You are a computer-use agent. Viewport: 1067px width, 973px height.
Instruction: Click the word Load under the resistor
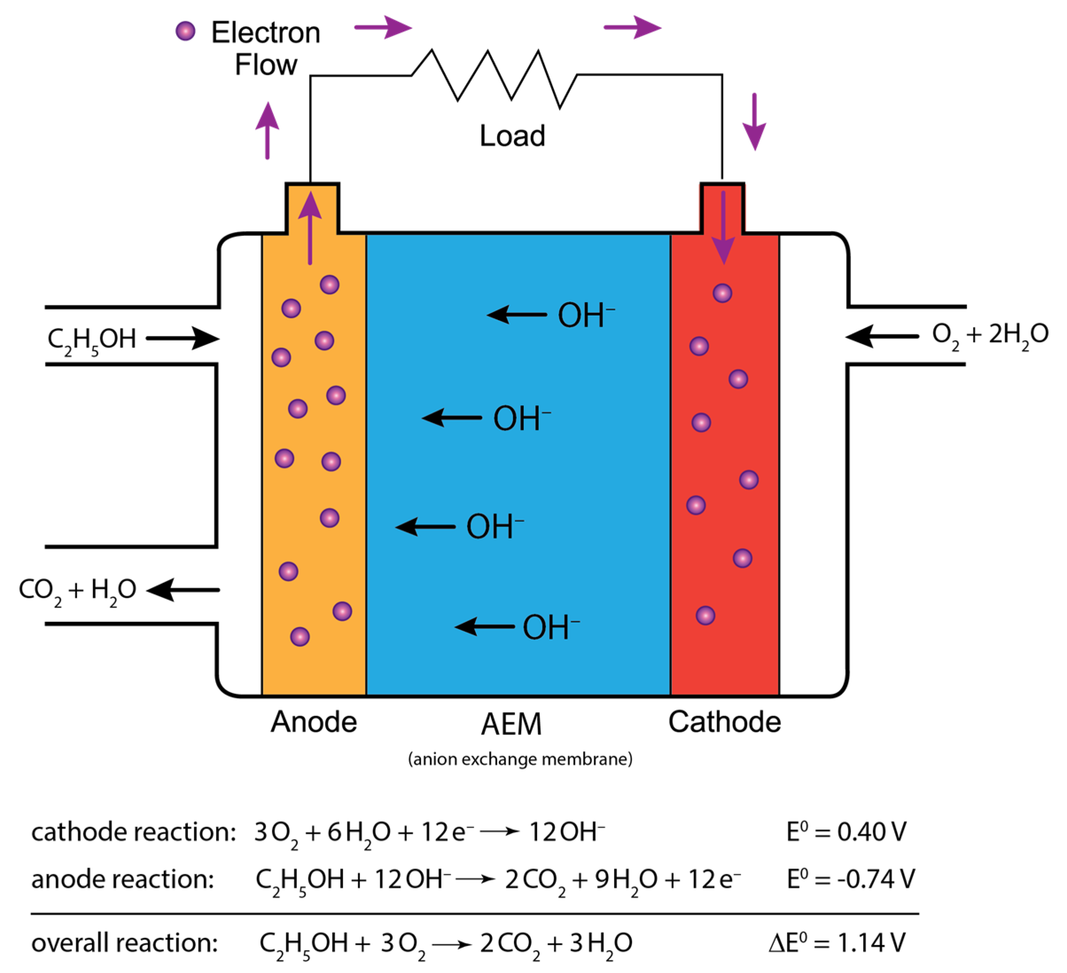coord(512,136)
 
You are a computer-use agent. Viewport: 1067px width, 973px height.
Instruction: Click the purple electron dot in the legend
coord(185,31)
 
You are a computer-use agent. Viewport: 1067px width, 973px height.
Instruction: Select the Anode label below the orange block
coord(314,722)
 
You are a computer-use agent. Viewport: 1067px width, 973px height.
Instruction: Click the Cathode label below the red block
coord(724,722)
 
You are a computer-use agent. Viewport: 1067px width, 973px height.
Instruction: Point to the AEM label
coord(511,724)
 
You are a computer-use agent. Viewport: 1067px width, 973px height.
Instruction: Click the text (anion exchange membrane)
coord(520,759)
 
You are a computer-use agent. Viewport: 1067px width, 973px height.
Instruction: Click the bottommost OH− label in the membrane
coord(550,627)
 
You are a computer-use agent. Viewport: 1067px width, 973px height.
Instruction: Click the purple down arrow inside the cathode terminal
coord(723,228)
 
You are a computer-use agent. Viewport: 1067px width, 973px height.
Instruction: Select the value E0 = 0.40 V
coord(846,832)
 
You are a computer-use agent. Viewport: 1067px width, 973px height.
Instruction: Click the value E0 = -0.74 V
coord(850,879)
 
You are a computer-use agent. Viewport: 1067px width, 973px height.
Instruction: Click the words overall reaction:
coord(125,943)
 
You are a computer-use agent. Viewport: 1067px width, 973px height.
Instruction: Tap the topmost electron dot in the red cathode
coord(722,293)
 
